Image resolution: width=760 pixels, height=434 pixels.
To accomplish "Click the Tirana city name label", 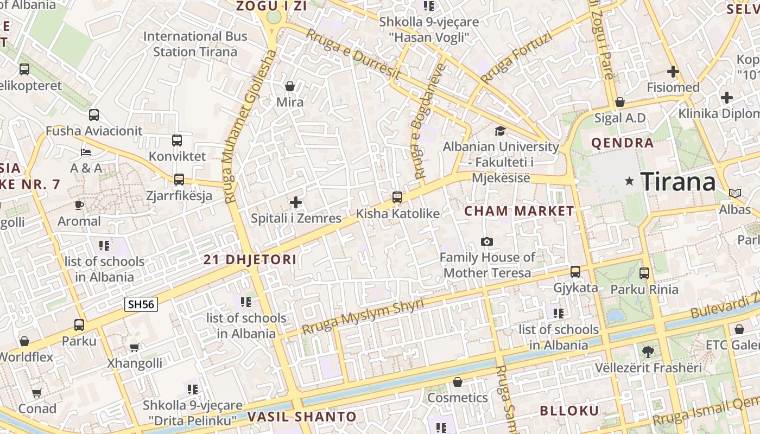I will point(678,182).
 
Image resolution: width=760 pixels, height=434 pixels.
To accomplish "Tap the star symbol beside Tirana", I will point(630,181).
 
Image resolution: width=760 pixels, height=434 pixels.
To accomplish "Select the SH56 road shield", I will point(141,304).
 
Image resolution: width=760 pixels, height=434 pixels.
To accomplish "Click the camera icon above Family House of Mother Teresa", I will point(487,241).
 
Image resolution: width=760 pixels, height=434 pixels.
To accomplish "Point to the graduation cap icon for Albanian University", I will point(499,131).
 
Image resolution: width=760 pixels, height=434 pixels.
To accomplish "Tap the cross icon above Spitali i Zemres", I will point(296,202).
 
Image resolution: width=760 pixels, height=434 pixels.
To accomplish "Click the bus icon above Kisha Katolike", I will point(397,197).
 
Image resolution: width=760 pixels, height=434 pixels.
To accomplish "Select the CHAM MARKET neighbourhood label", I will point(519,211).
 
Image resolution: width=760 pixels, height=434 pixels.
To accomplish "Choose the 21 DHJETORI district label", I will point(250,259).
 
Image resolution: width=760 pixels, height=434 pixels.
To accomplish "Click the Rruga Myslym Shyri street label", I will point(362,316).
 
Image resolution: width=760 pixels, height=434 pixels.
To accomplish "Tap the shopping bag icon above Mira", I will point(290,86).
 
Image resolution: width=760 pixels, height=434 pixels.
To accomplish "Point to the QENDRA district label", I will point(622,143).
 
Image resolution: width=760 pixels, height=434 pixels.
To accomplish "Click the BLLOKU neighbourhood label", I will point(569,410).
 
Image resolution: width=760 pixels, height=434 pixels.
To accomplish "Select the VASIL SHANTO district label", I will point(302,417).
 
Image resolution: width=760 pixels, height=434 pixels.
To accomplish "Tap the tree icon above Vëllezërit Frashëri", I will point(648,352).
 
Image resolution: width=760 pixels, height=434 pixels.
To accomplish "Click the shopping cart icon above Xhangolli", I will point(134,347).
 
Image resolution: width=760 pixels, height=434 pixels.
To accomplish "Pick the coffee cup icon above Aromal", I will point(79,205).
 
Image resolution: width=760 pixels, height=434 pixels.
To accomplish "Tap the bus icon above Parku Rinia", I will point(644,273).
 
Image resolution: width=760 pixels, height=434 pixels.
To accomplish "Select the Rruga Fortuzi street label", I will point(516,58).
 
